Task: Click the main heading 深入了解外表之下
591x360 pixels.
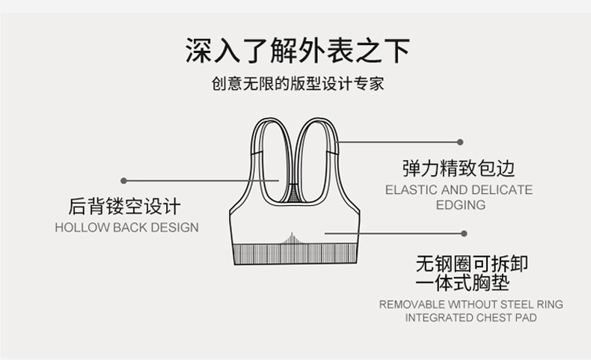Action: [298, 52]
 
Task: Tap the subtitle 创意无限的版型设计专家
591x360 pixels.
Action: [298, 83]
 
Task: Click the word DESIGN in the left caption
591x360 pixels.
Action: [176, 228]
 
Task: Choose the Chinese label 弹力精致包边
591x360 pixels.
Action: [459, 168]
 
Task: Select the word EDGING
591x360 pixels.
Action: [460, 204]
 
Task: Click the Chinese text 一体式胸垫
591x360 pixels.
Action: [462, 284]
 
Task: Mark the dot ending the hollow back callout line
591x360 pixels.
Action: [123, 180]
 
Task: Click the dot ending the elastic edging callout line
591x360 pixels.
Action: [460, 141]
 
